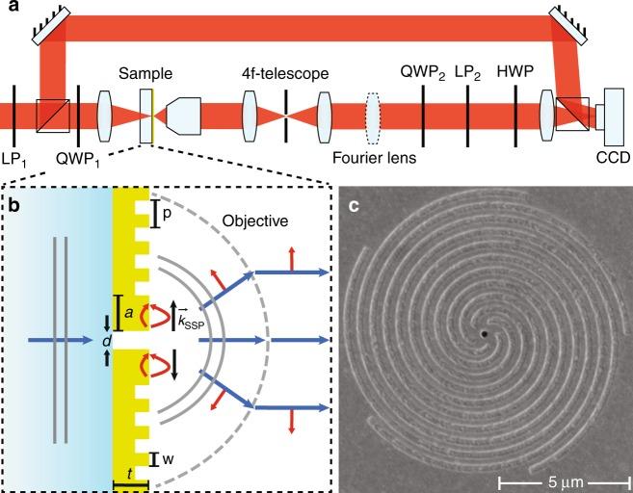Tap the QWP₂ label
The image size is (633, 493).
pos(424,73)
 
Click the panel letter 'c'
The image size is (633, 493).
pos(355,203)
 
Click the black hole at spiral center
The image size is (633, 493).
pos(485,334)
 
